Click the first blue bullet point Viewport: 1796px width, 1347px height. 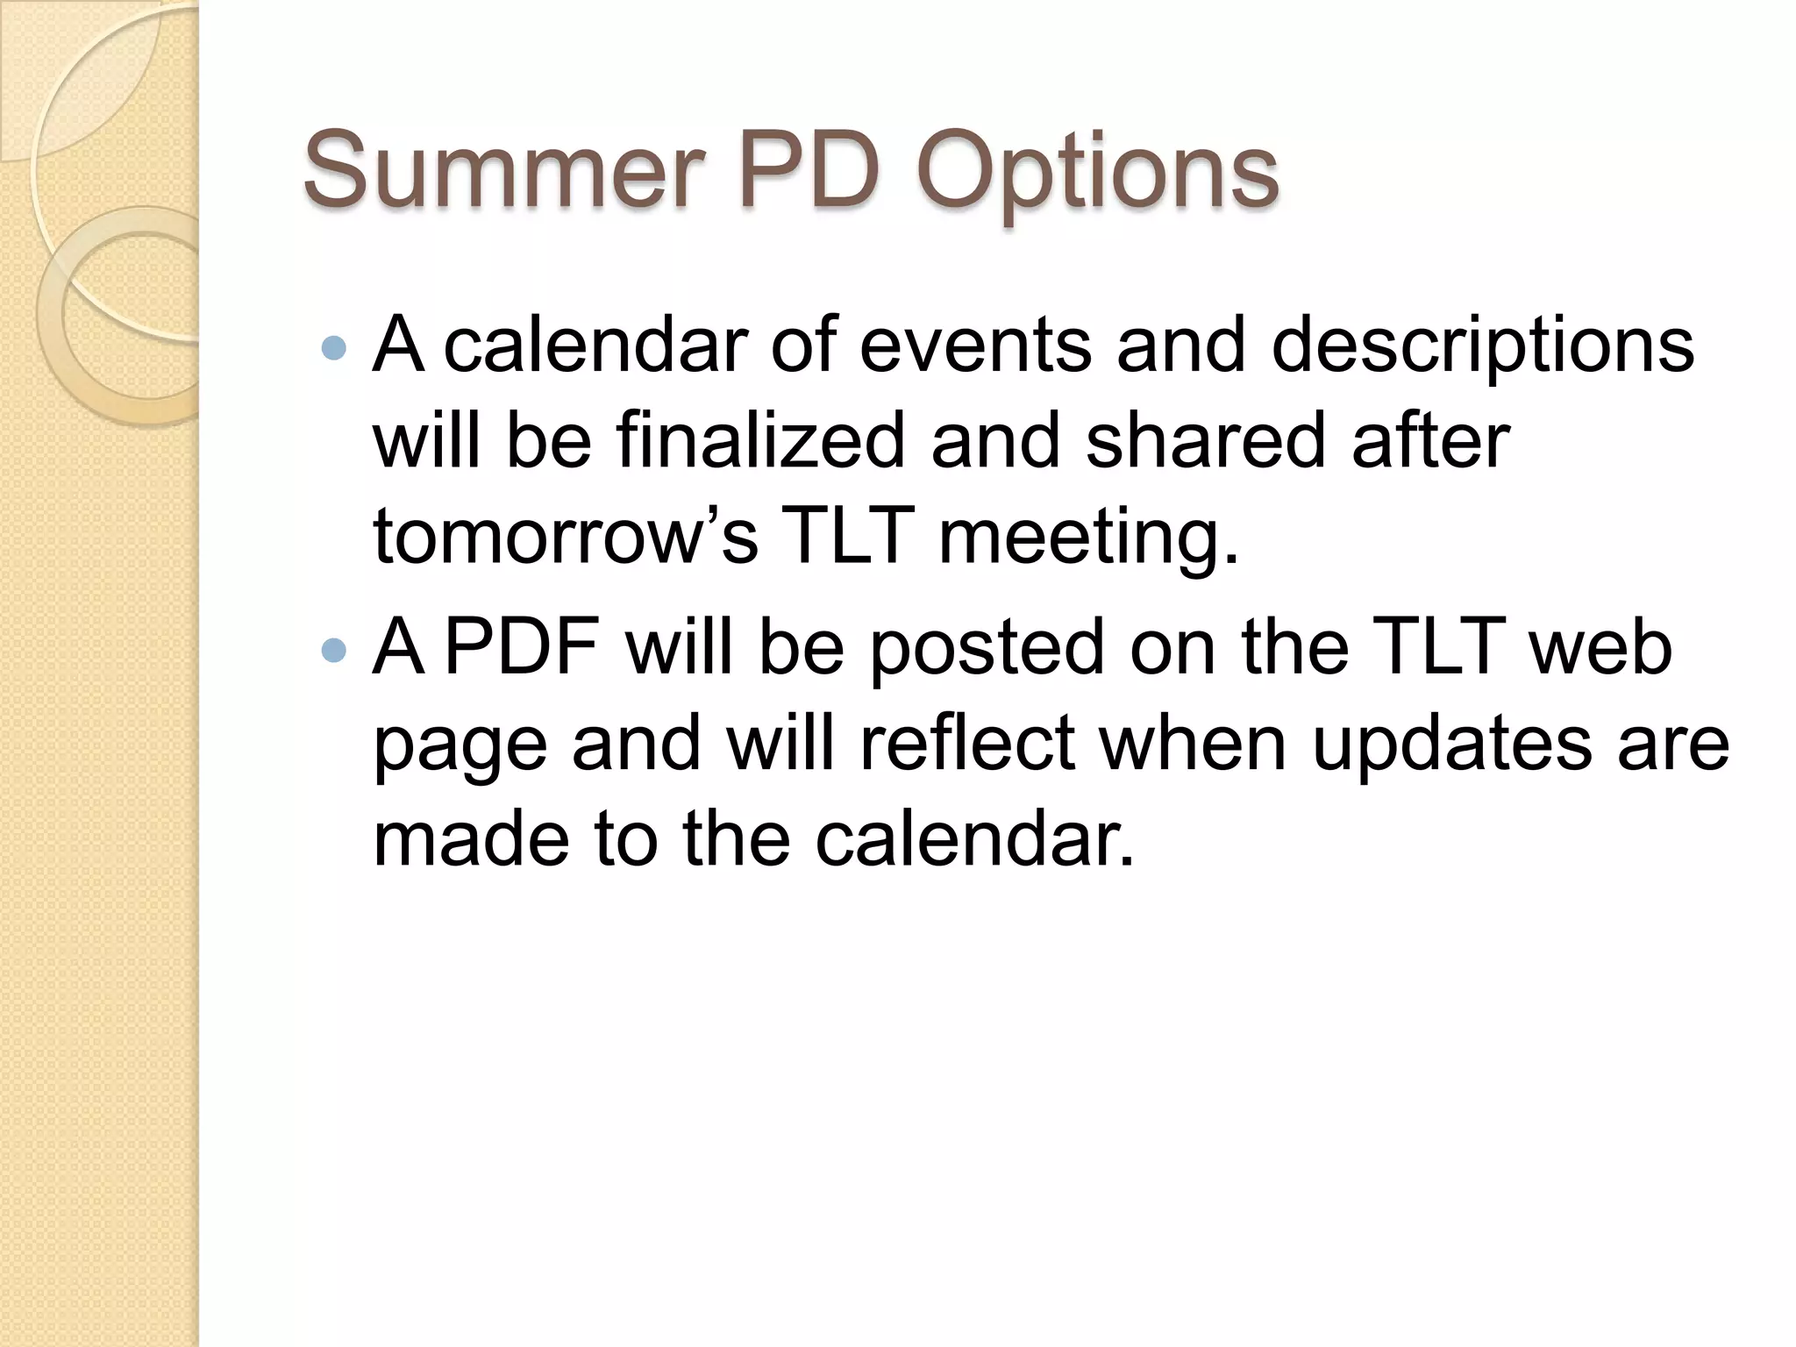(x=334, y=349)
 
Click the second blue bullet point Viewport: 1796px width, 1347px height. (x=334, y=650)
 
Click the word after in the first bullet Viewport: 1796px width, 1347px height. (x=1430, y=440)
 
